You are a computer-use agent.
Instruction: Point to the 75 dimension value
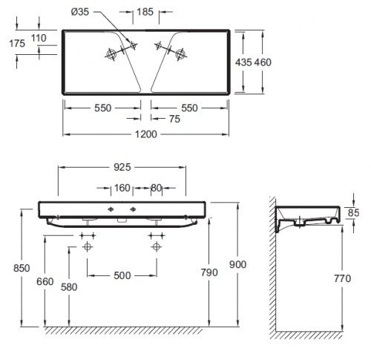[x=174, y=118]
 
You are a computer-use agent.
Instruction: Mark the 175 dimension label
[x=13, y=44]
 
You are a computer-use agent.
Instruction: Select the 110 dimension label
[x=39, y=37]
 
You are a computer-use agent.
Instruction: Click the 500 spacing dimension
[x=122, y=275]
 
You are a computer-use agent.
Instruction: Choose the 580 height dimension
[x=69, y=287]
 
